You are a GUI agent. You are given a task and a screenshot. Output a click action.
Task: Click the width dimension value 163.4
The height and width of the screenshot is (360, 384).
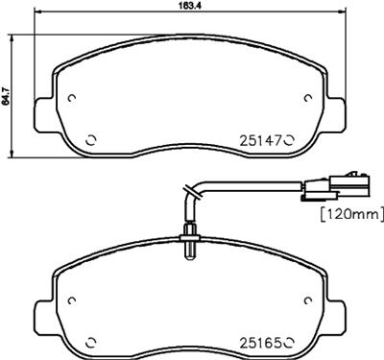[x=175, y=6]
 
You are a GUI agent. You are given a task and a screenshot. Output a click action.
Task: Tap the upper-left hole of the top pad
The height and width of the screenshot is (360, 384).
[x=75, y=98]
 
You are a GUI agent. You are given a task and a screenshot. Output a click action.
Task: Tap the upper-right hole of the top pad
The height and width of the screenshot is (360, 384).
[x=307, y=98]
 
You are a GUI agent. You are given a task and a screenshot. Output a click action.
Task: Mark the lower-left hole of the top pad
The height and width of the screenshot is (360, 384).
[x=91, y=140]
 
